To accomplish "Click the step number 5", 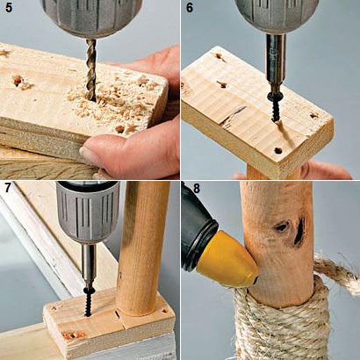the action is point(9,8).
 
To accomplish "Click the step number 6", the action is point(190,8).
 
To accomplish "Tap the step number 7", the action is point(8,188).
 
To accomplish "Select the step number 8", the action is point(197,188).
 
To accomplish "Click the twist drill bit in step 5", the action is point(91,69).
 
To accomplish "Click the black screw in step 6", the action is point(273,106).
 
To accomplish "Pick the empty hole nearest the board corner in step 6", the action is point(278,151).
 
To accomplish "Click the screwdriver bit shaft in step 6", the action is point(275,62).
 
